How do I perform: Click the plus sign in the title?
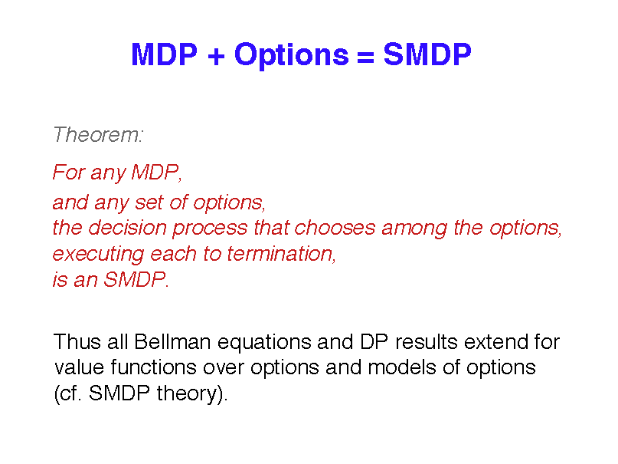tap(216, 56)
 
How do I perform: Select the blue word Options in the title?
tap(291, 56)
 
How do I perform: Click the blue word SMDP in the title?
tap(427, 54)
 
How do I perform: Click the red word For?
tap(70, 172)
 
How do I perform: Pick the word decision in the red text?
tap(127, 228)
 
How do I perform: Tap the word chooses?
tap(335, 228)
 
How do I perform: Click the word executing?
tap(99, 255)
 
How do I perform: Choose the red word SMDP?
tap(135, 279)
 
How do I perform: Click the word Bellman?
tap(172, 342)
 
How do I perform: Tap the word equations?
tap(264, 343)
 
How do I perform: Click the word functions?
tap(153, 367)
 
